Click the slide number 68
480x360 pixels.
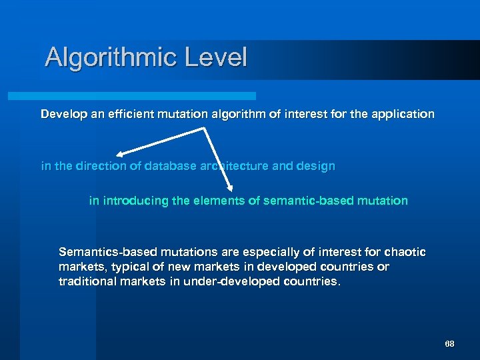[449, 344]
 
